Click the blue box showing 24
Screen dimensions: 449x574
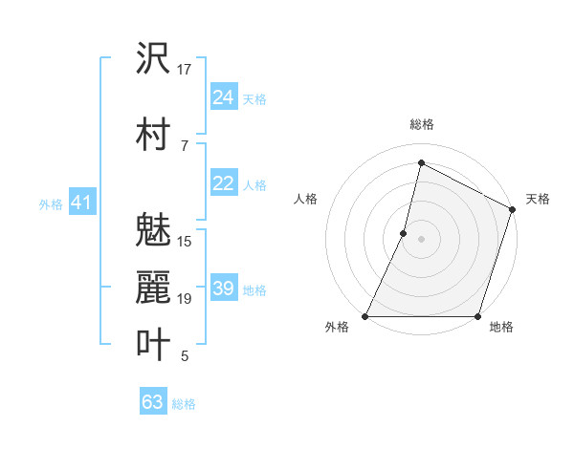223,97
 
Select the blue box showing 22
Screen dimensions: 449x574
223,183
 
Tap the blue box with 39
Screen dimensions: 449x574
223,289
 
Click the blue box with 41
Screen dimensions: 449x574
81,203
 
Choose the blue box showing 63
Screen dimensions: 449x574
152,402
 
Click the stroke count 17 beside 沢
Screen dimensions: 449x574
185,69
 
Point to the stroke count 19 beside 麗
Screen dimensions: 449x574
185,299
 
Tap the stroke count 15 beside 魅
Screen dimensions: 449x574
185,242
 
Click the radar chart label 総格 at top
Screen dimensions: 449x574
421,124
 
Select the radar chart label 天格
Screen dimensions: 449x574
538,199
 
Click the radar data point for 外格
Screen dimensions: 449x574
365,316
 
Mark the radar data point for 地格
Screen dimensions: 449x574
477,316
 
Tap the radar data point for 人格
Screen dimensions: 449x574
404,233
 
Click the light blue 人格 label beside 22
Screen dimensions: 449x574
254,184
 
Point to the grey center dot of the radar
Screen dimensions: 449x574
421,239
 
